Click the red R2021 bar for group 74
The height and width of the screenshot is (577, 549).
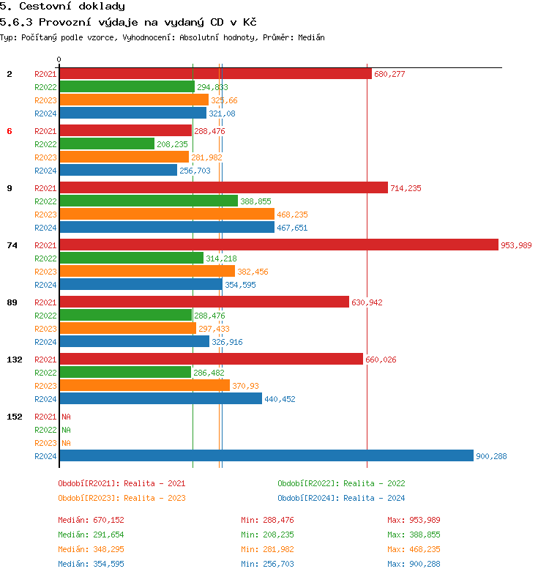click(278, 245)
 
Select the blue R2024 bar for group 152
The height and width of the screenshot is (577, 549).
click(266, 456)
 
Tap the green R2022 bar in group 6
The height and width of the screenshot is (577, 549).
click(107, 144)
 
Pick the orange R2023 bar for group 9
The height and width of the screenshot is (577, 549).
click(166, 215)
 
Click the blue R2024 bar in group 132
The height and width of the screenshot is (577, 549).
click(160, 399)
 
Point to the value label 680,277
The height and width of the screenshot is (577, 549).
click(389, 74)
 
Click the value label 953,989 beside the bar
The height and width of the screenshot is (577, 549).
click(516, 245)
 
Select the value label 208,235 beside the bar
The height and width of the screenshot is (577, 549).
click(172, 144)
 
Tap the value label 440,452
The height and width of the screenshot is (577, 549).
click(280, 399)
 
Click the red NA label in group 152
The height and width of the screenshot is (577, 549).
click(66, 417)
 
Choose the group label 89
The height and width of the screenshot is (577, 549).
click(12, 302)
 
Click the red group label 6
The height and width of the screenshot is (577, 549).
click(10, 131)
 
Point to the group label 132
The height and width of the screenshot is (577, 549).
click(14, 360)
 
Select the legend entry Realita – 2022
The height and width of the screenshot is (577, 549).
click(341, 483)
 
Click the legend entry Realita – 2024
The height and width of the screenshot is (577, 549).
click(341, 498)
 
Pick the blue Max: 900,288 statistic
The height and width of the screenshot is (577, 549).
click(414, 564)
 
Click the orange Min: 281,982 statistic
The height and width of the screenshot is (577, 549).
click(267, 549)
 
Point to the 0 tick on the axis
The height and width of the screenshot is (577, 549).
click(59, 59)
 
